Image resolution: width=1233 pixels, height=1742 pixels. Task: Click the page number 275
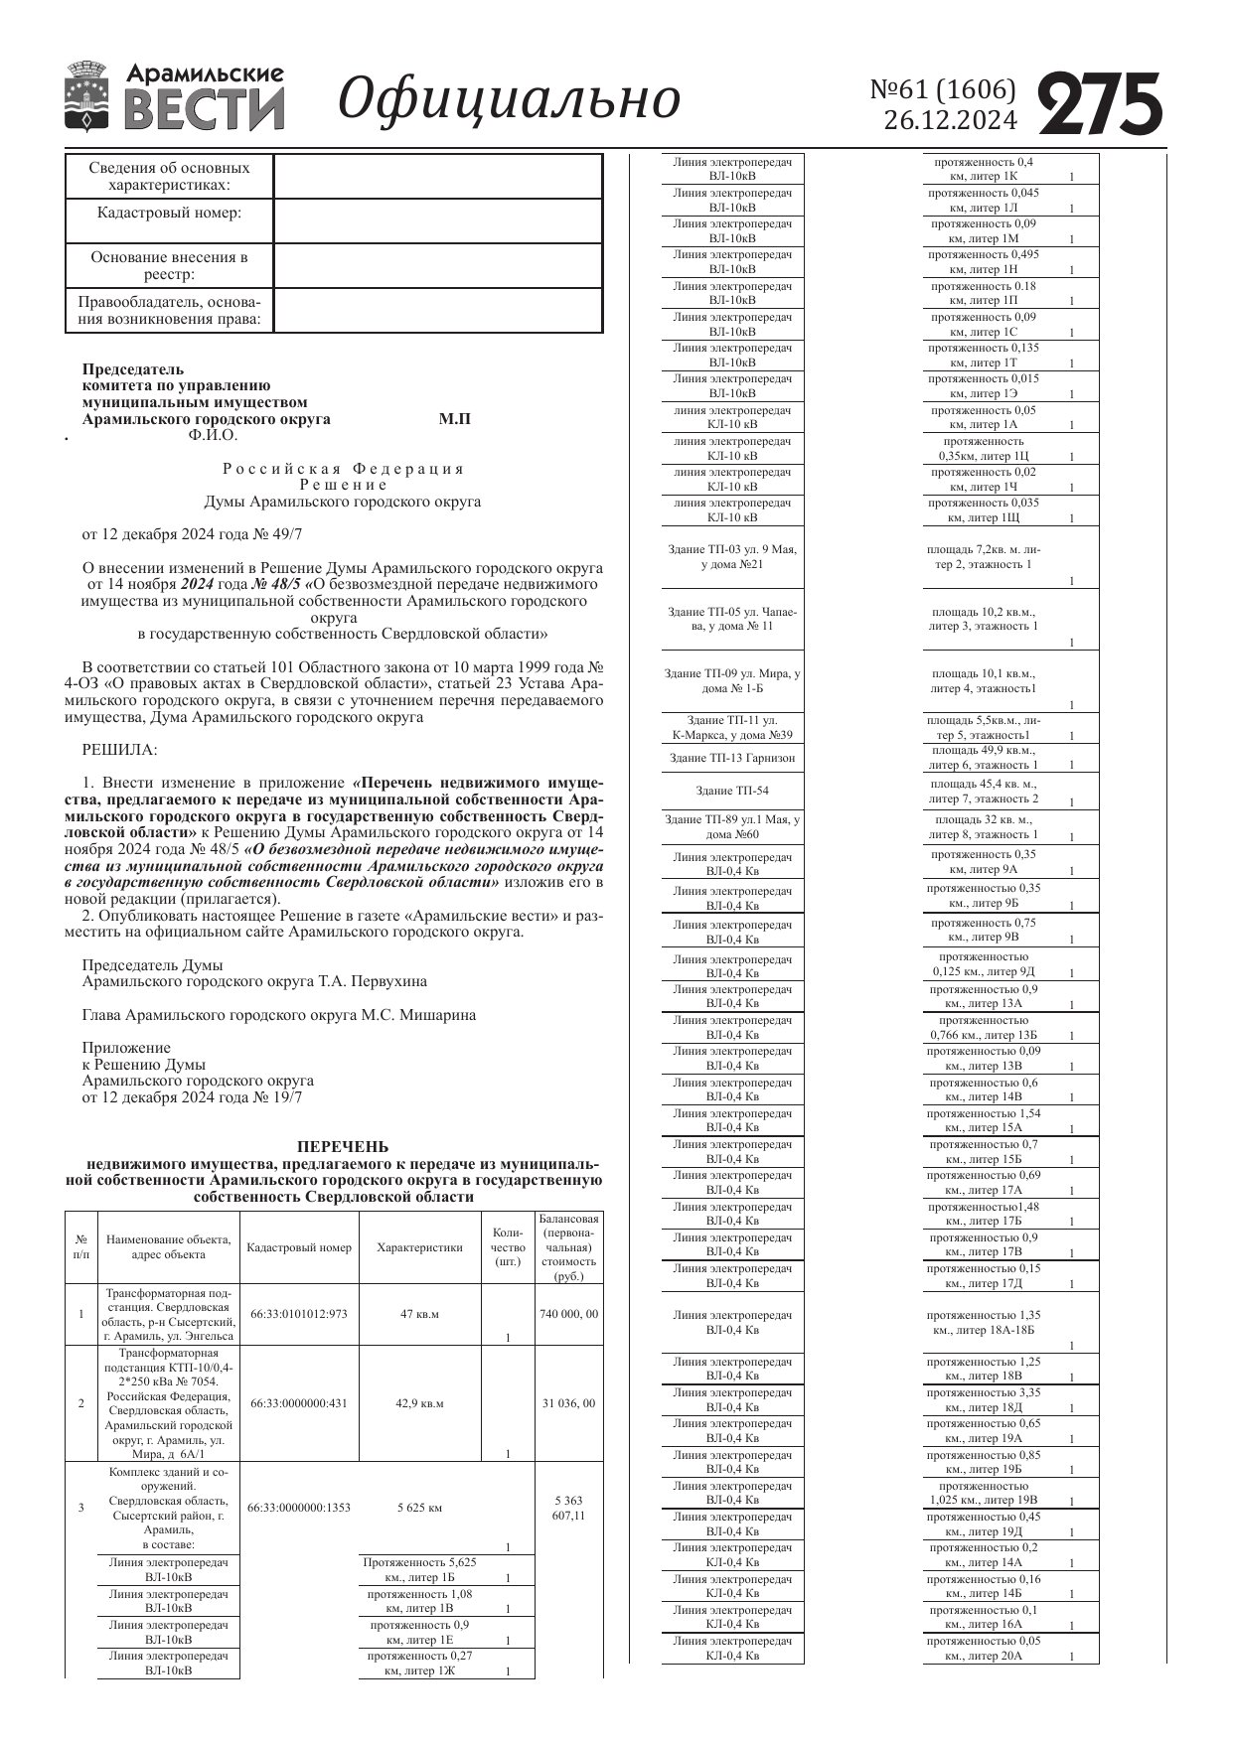pyautogui.click(x=1101, y=104)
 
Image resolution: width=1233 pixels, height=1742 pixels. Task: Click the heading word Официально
pyautogui.click(x=510, y=99)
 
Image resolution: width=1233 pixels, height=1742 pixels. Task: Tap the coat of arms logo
pyautogui.click(x=86, y=96)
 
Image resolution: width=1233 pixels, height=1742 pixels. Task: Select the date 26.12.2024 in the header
pyautogui.click(x=950, y=120)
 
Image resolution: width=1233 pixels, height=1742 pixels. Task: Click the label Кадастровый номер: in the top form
pyautogui.click(x=169, y=213)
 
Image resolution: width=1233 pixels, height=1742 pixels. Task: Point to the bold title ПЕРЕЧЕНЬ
pyautogui.click(x=343, y=1146)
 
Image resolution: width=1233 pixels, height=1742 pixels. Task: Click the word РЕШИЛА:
pyautogui.click(x=120, y=749)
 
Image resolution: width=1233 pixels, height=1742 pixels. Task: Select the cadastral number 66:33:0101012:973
pyautogui.click(x=299, y=1314)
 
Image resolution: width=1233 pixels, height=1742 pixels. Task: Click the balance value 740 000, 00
pyautogui.click(x=568, y=1314)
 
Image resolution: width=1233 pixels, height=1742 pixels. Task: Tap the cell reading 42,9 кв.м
pyautogui.click(x=419, y=1403)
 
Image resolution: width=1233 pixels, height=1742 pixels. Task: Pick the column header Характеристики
pyautogui.click(x=419, y=1247)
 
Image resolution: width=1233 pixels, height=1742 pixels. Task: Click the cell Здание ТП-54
pyautogui.click(x=732, y=791)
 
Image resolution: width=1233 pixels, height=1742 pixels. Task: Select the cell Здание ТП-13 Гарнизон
pyautogui.click(x=732, y=758)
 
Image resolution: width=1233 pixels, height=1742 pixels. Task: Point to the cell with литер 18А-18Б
pyautogui.click(x=983, y=1322)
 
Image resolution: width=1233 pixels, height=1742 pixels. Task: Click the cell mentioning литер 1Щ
pyautogui.click(x=983, y=510)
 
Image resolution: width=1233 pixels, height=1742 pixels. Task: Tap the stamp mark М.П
pyautogui.click(x=455, y=419)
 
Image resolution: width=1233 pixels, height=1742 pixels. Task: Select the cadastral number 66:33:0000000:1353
pyautogui.click(x=299, y=1508)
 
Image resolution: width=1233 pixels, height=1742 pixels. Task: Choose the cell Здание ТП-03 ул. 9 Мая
pyautogui.click(x=732, y=556)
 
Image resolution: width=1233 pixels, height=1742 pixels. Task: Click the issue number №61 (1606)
pyautogui.click(x=943, y=89)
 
